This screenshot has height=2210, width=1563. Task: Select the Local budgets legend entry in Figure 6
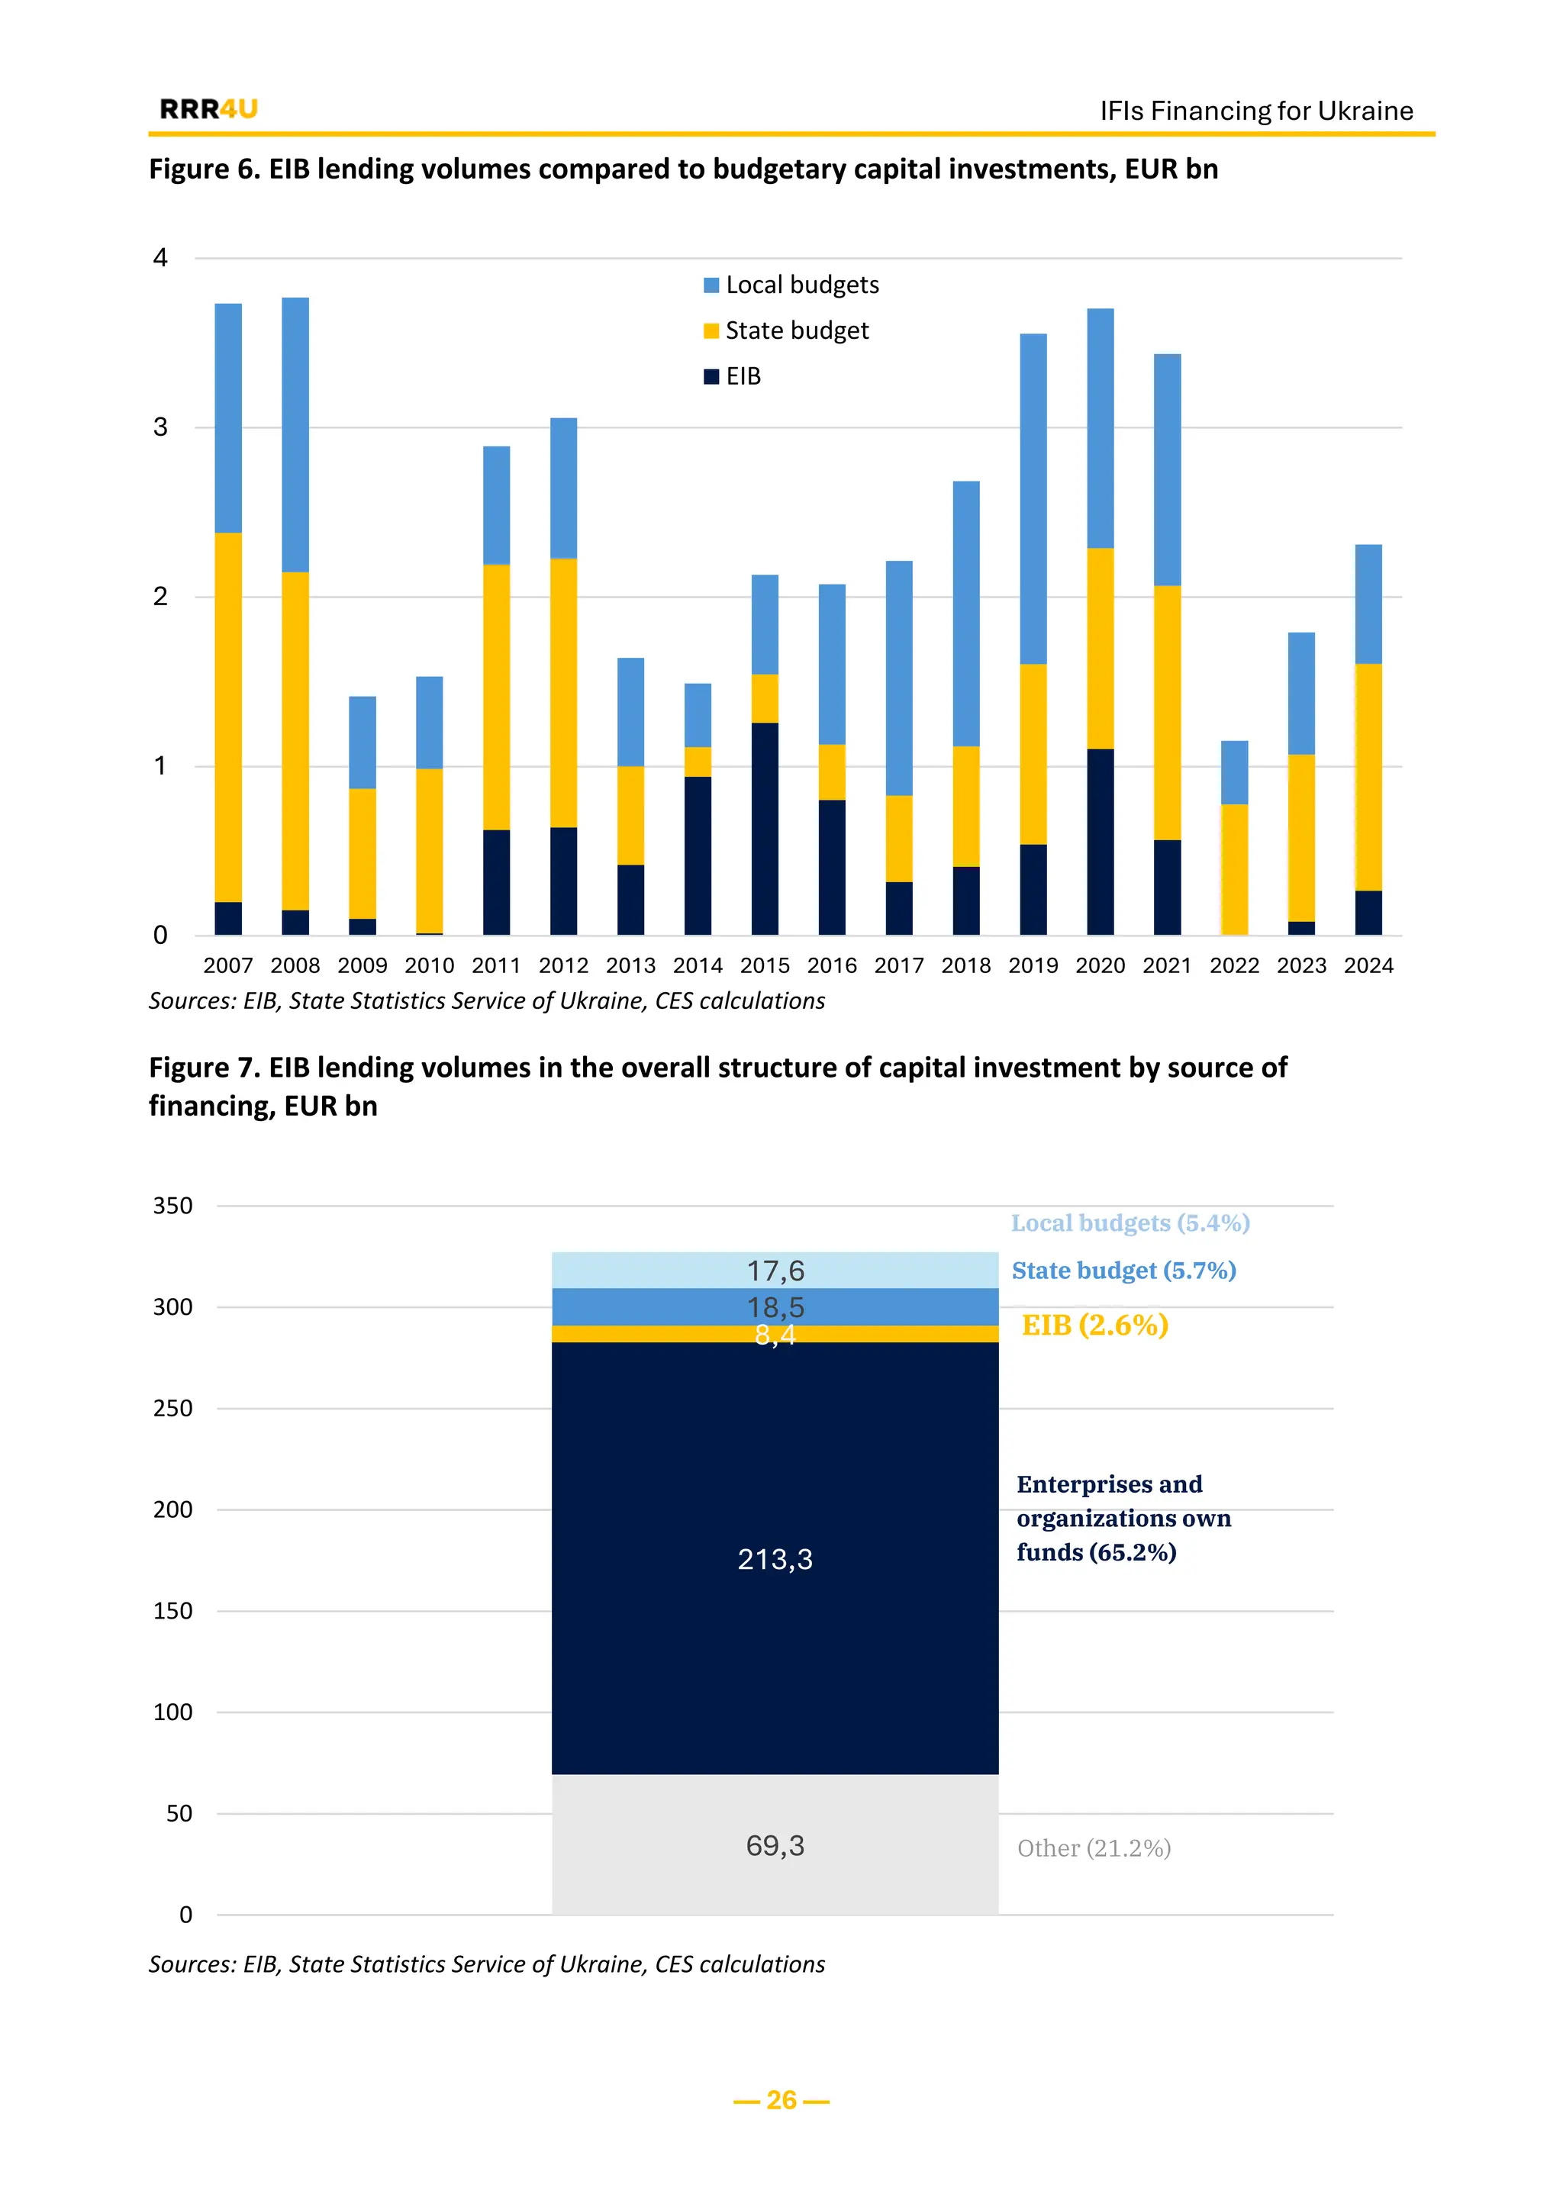[791, 285]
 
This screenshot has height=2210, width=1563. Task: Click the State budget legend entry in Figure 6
[786, 331]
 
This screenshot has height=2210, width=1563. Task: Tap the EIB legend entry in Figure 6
[733, 376]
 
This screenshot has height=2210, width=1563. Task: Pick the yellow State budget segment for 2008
[295, 741]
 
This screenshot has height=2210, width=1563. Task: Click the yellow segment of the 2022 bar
[1234, 869]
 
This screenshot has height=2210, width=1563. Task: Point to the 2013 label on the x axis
[630, 965]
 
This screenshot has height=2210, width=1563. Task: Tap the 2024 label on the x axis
[1368, 965]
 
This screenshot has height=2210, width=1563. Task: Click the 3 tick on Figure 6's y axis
[161, 427]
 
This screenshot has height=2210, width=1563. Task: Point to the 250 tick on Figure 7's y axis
[173, 1408]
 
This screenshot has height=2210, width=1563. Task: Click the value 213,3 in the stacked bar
[775, 1559]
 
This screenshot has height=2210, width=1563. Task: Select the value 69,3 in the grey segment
[775, 1845]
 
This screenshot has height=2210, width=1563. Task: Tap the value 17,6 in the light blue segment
[775, 1271]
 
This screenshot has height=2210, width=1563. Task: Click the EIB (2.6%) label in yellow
[1094, 1326]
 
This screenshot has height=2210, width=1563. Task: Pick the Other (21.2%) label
[1094, 1848]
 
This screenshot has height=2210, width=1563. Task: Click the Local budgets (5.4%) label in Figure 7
[1130, 1223]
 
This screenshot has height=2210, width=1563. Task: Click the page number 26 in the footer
[781, 2100]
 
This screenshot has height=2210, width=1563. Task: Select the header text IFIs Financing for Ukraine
[1256, 111]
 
